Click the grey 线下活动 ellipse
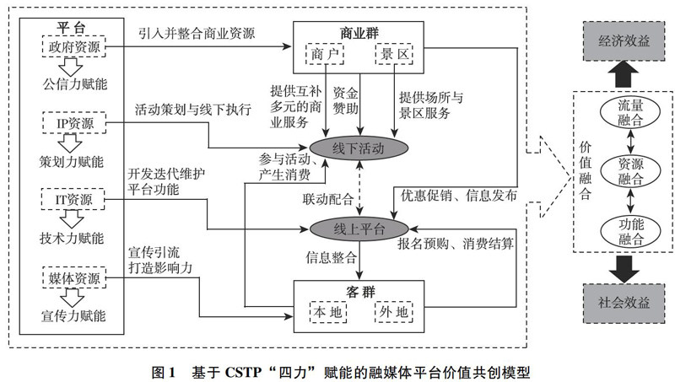[x=359, y=148]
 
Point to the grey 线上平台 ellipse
[x=359, y=229]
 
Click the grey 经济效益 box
[x=624, y=40]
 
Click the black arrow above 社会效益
[x=624, y=270]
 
